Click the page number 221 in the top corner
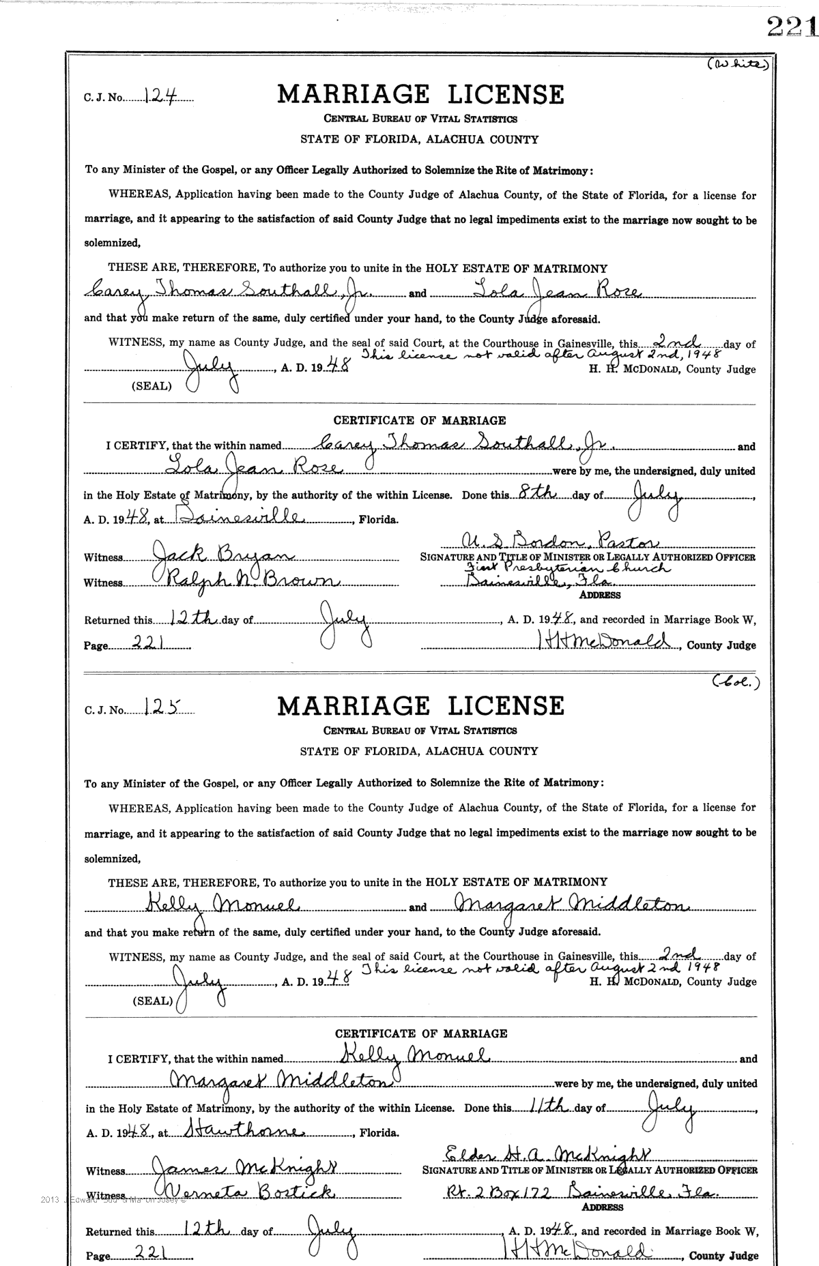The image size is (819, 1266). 792,28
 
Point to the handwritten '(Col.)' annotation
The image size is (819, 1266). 736,680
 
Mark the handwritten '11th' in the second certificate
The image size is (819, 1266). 550,1106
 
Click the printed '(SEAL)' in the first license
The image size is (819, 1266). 152,385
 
